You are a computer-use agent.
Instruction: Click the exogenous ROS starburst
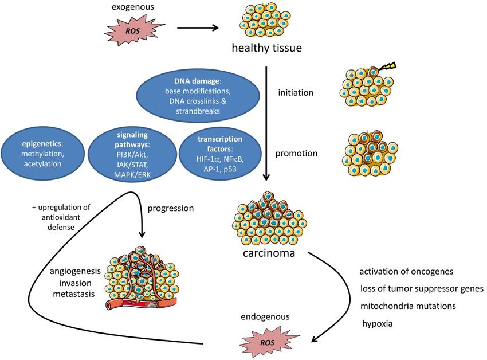[x=133, y=31]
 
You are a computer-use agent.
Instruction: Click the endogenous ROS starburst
[x=268, y=342]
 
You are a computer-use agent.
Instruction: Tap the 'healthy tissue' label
[x=267, y=48]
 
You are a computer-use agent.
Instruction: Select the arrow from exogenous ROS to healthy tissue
[x=198, y=28]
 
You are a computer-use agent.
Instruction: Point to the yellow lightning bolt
[x=387, y=66]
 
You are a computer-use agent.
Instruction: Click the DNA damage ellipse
[x=198, y=96]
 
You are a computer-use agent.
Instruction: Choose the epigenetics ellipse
[x=42, y=154]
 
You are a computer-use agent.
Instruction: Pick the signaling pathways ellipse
[x=132, y=154]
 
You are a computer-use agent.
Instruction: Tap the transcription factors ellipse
[x=220, y=154]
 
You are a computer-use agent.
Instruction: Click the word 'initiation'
[x=296, y=93]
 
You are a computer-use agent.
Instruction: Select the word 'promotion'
[x=296, y=154]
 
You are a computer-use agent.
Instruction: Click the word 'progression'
[x=171, y=208]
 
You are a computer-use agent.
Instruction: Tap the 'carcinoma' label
[x=269, y=253]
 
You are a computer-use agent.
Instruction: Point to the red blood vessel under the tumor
[x=142, y=303]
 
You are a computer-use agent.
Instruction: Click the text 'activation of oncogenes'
[x=406, y=272]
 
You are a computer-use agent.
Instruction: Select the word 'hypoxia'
[x=378, y=324]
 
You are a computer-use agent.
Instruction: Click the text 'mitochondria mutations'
[x=408, y=306]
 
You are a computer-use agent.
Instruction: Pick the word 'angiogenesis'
[x=75, y=272]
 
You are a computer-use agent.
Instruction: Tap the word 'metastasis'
[x=73, y=294]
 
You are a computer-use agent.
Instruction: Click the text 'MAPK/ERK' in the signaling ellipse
[x=132, y=175]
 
